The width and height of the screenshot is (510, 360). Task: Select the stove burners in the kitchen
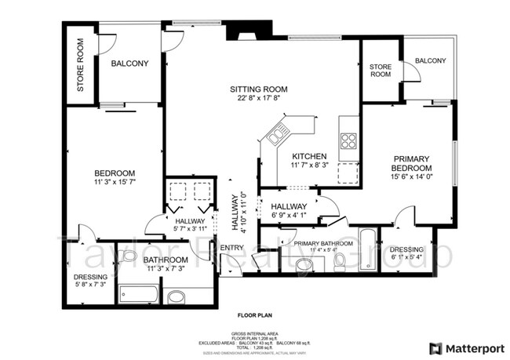[x=348, y=141]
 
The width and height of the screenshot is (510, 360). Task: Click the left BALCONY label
[x=129, y=64]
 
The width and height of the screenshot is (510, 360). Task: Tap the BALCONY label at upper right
[x=430, y=61]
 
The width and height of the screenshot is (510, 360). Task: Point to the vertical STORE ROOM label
[x=80, y=66]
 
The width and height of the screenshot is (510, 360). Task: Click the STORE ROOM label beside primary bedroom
[x=381, y=71]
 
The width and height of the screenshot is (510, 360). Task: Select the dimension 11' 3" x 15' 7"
[x=115, y=183]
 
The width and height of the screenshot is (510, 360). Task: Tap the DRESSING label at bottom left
[x=91, y=277]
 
